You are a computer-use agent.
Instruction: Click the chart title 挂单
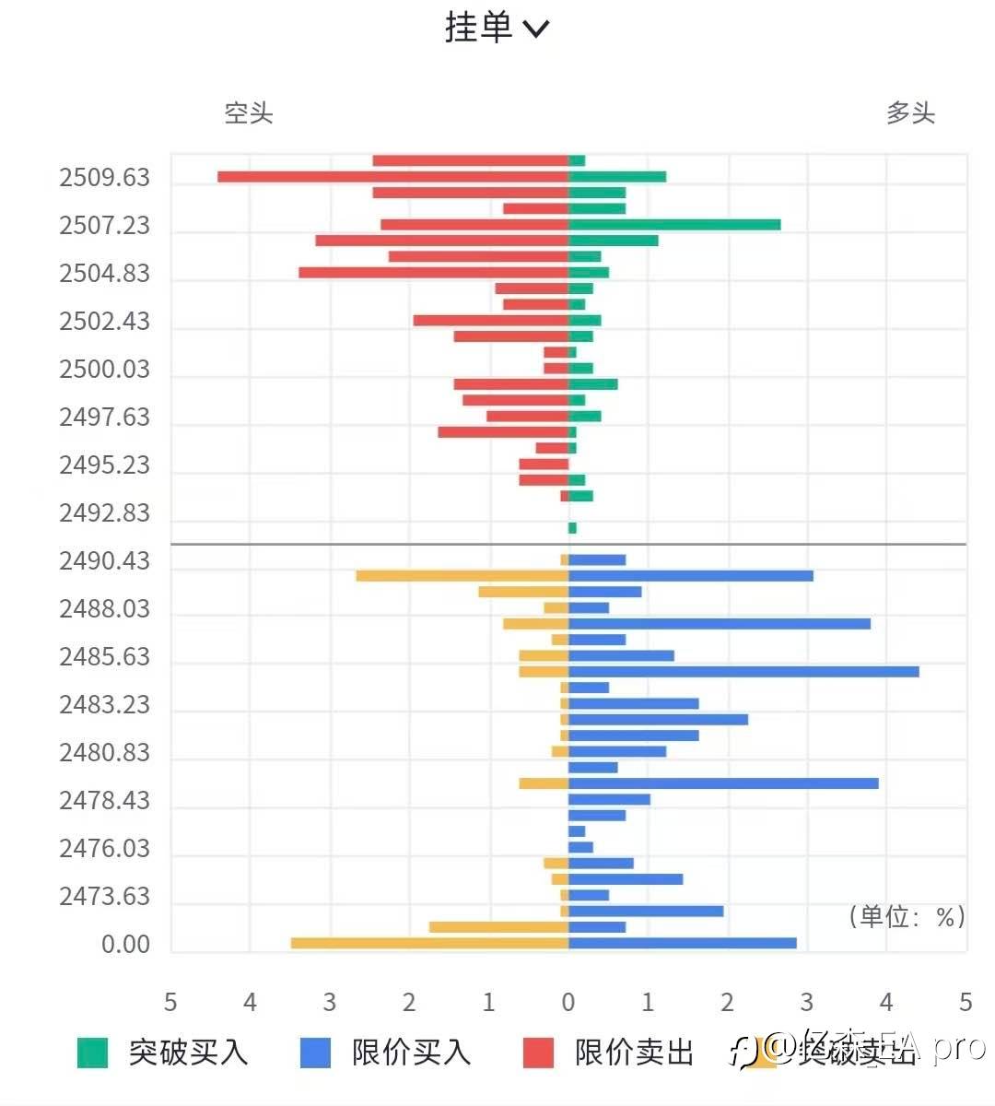(x=478, y=28)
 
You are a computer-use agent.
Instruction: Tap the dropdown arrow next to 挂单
(x=536, y=29)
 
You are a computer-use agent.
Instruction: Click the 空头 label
(x=249, y=113)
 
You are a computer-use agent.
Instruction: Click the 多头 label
(x=910, y=113)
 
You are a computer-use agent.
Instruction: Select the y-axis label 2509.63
(x=104, y=177)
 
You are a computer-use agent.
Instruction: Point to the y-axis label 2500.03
(x=104, y=369)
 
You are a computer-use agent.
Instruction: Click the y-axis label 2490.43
(x=104, y=560)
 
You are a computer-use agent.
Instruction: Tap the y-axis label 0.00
(x=125, y=944)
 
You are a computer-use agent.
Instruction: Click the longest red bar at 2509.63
(x=392, y=177)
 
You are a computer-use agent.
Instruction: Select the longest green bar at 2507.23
(x=674, y=225)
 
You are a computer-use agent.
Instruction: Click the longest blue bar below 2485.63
(x=743, y=672)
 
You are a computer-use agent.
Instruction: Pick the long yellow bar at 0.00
(x=429, y=943)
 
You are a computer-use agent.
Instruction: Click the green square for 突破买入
(x=92, y=1053)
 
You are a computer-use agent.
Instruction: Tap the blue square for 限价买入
(x=315, y=1053)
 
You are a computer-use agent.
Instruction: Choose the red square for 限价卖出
(x=538, y=1053)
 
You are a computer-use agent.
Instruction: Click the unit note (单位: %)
(x=907, y=916)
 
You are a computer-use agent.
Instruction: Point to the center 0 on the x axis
(x=568, y=1002)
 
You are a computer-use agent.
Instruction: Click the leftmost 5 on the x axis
(x=170, y=1002)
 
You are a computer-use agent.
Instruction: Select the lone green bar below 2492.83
(x=572, y=528)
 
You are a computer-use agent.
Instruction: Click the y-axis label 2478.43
(x=104, y=800)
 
